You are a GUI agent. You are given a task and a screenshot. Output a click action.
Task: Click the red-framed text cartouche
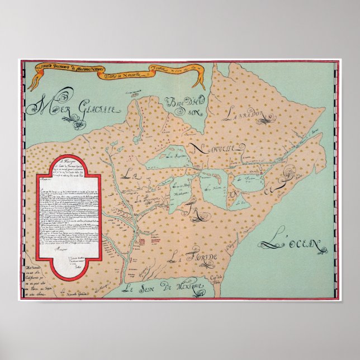(x=68, y=218)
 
